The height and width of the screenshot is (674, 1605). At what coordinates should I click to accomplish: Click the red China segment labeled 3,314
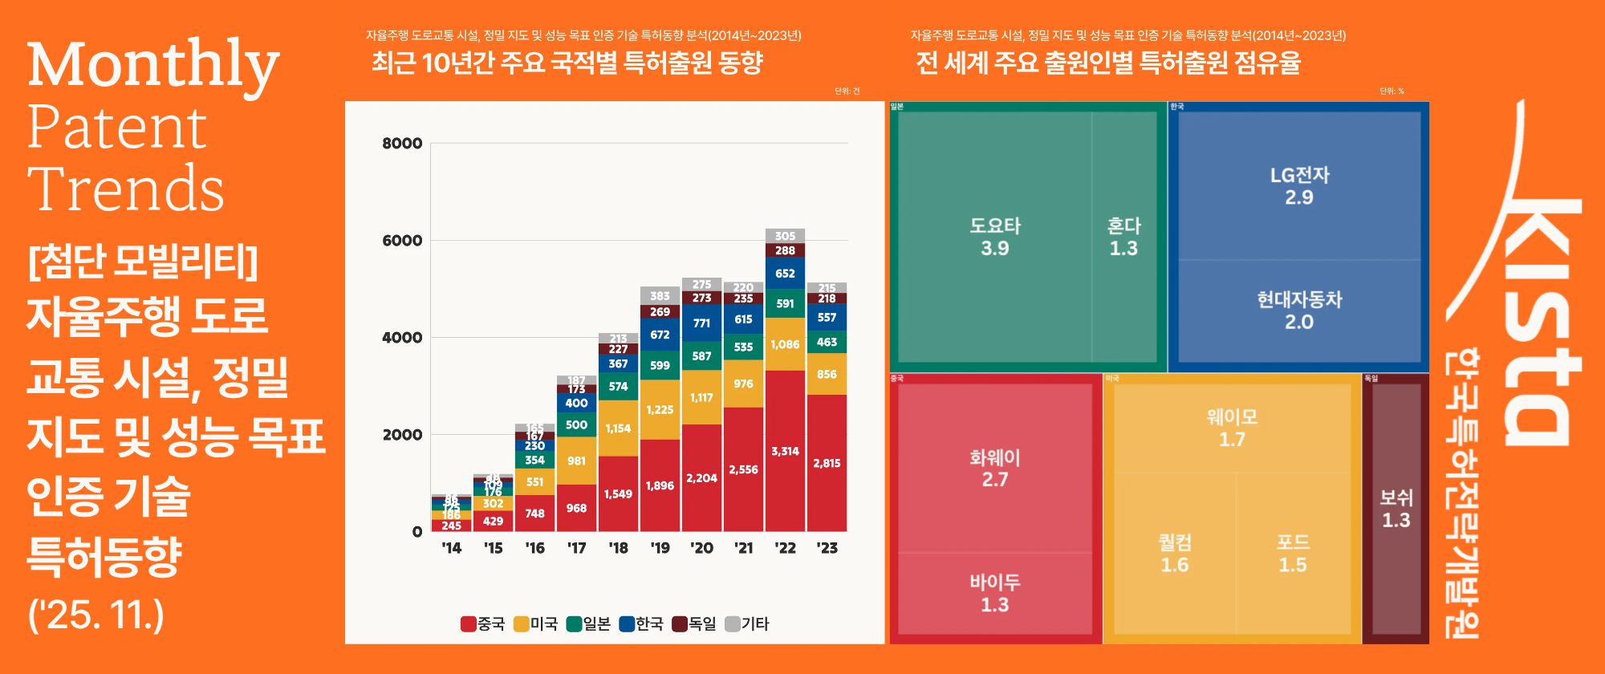785,451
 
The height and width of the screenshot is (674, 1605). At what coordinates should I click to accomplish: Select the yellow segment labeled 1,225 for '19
660,409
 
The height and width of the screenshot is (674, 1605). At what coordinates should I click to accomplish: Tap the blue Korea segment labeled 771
701,323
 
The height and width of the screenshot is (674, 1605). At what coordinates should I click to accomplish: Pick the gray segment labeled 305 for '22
785,236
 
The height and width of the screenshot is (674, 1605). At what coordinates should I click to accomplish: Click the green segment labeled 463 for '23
827,342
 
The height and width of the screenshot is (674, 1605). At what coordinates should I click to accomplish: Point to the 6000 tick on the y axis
402,241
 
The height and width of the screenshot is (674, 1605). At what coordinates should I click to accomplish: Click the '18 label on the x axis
618,548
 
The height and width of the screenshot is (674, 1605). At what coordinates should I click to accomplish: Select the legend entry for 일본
588,623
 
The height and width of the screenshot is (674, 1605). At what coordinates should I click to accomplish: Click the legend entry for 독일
694,623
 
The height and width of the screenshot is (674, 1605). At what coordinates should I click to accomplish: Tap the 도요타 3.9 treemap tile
994,237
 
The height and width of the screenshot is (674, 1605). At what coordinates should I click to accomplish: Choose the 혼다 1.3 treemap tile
1123,237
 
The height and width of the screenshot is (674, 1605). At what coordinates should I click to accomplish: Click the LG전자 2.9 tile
1299,185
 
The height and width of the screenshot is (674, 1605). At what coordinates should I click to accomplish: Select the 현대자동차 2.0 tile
1299,311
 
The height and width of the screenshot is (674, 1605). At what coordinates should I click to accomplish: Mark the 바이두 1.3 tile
994,593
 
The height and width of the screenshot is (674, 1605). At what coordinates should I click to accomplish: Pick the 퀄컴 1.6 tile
1174,554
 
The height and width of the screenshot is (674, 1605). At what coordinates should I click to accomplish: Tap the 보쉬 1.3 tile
1396,509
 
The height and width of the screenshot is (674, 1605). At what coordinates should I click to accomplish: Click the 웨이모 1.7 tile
1232,428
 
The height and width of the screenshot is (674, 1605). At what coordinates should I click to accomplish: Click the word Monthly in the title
152,64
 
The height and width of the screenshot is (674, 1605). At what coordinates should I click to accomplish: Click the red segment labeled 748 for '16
534,514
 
